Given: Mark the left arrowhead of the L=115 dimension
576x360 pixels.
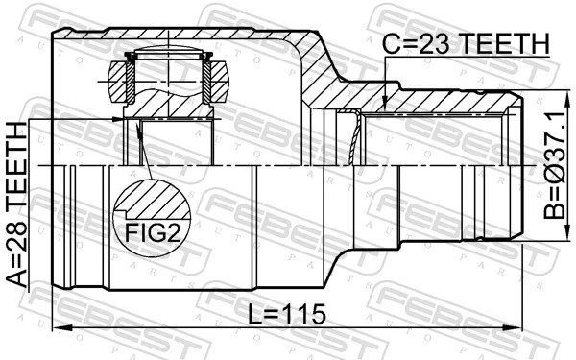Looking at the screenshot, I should point(56,330).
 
